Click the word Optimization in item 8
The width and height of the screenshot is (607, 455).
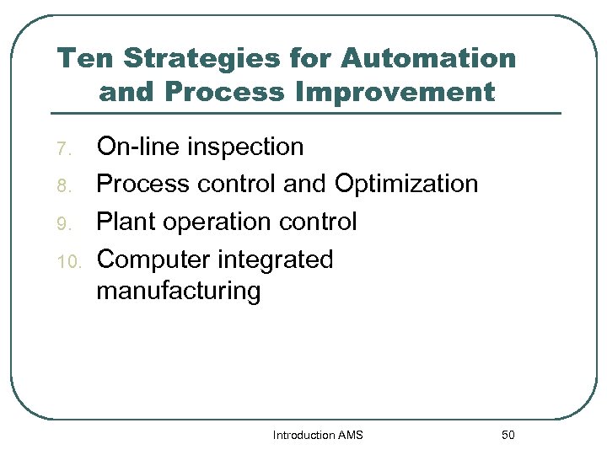(x=406, y=184)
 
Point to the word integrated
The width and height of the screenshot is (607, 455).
(x=276, y=260)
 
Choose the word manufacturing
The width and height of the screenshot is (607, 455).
(x=179, y=292)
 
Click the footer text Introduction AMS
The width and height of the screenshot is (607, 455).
(x=318, y=435)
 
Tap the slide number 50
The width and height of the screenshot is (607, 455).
(x=508, y=435)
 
